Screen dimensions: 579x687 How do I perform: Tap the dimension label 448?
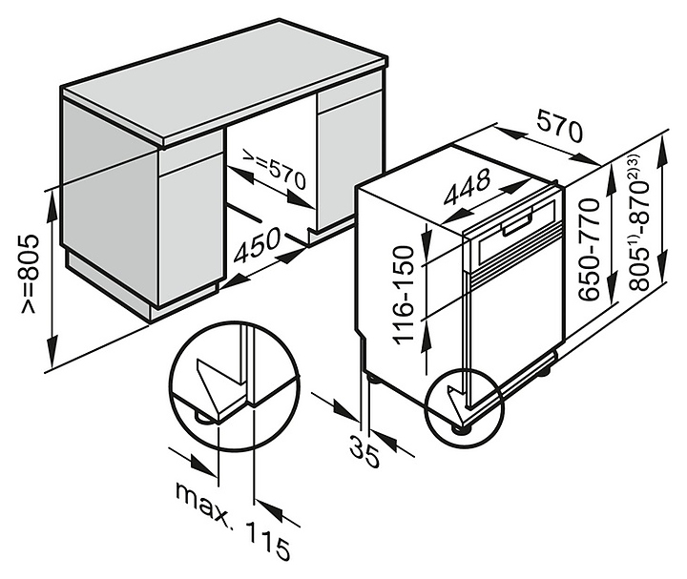pyautogui.click(x=467, y=188)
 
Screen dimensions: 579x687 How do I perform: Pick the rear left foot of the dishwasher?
pyautogui.click(x=373, y=378)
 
